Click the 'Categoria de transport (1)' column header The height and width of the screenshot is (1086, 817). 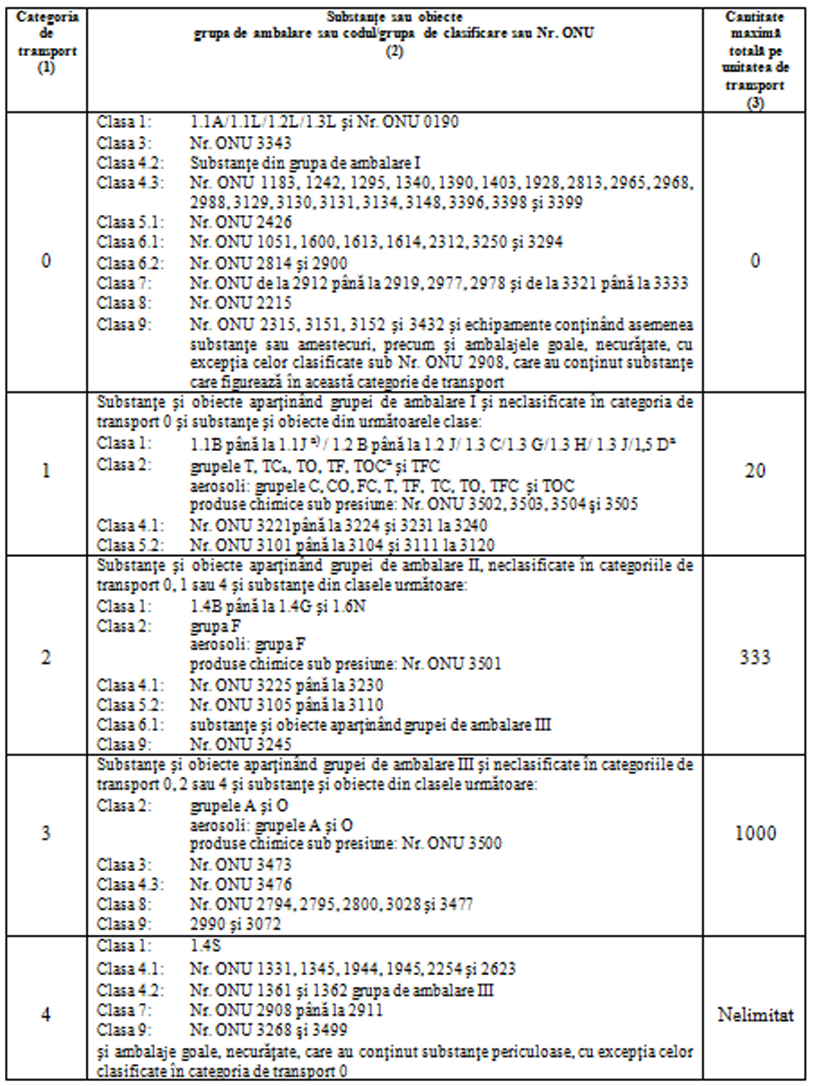(47, 42)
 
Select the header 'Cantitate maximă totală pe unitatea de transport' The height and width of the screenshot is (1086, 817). (755, 59)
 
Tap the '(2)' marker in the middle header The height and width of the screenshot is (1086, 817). (394, 52)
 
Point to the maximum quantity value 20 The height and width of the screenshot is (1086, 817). (755, 471)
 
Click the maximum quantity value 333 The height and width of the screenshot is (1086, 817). (755, 657)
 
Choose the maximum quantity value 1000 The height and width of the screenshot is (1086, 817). (755, 833)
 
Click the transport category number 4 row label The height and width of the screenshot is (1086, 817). (46, 1015)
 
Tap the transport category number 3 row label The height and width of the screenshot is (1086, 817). (46, 833)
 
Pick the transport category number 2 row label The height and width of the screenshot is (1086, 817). (46, 657)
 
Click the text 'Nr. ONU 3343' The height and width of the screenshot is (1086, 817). (241, 143)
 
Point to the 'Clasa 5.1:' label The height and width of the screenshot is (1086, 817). (131, 222)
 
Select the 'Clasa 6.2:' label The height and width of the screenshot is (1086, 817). (131, 263)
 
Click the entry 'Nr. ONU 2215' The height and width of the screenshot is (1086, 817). (241, 303)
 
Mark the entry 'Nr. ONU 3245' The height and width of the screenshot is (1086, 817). (241, 744)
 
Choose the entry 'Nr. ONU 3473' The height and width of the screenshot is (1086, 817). (241, 865)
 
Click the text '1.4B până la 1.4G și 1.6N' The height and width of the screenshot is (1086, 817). (278, 606)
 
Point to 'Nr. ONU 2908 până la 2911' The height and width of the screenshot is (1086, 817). (287, 1010)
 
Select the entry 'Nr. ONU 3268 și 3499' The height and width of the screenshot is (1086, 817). (269, 1030)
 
